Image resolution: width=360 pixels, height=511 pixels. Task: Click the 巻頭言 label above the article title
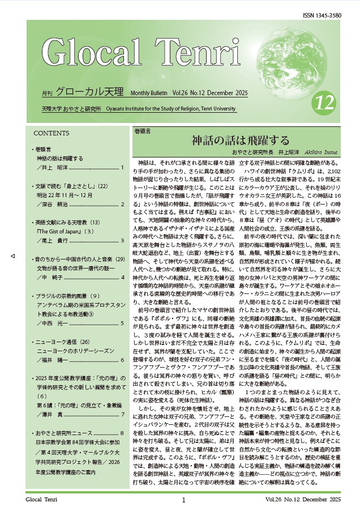(x=143, y=131)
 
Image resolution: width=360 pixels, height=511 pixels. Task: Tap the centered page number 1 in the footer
(x=184, y=500)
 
